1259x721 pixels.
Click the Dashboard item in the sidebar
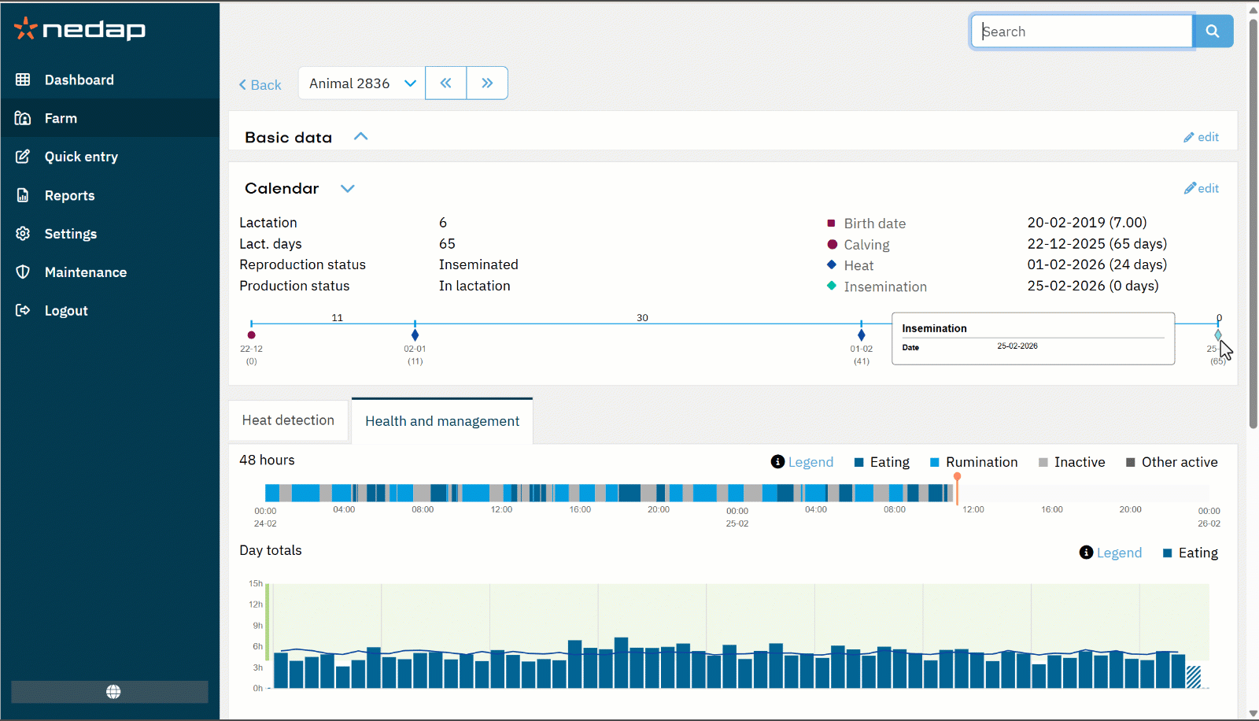pyautogui.click(x=79, y=79)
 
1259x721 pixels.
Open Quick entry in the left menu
pyautogui.click(x=81, y=157)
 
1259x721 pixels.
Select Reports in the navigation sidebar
pyautogui.click(x=69, y=195)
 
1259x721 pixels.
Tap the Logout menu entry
pyautogui.click(x=66, y=311)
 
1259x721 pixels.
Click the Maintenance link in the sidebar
pyautogui.click(x=85, y=272)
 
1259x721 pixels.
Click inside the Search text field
pyautogui.click(x=1082, y=31)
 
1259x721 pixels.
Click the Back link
pyautogui.click(x=260, y=85)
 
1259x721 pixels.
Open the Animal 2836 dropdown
pyautogui.click(x=361, y=83)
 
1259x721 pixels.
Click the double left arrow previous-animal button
pyautogui.click(x=446, y=83)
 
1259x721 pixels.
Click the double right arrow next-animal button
pyautogui.click(x=487, y=83)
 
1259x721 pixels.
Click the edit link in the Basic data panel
pyautogui.click(x=1202, y=137)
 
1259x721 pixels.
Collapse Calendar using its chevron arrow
pyautogui.click(x=348, y=188)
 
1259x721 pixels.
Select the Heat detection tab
pyautogui.click(x=288, y=420)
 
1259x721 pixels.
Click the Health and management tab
pyautogui.click(x=442, y=421)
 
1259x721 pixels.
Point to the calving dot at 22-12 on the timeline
pyautogui.click(x=252, y=335)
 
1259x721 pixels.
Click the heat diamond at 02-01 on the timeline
pyautogui.click(x=415, y=335)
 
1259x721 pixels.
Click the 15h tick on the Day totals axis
pyautogui.click(x=256, y=583)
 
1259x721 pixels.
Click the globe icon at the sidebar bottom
pyautogui.click(x=113, y=691)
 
